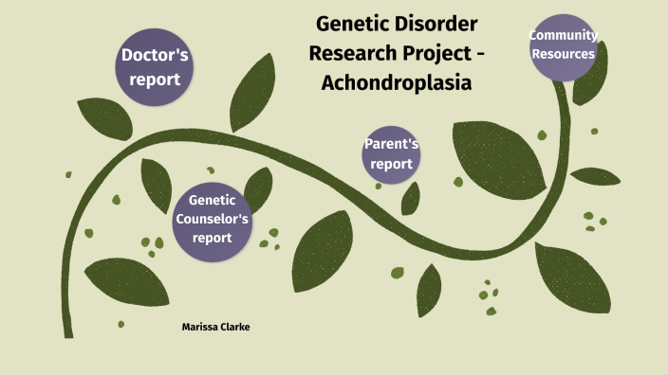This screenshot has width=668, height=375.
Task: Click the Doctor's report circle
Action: click(156, 67)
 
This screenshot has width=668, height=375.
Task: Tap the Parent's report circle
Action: click(391, 154)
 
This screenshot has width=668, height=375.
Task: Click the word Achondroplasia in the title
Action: click(396, 82)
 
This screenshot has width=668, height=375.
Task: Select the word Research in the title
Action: click(352, 52)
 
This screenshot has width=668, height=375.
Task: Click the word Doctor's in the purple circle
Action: click(156, 55)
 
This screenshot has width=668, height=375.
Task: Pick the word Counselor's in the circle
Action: click(212, 219)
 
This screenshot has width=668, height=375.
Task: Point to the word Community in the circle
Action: click(564, 36)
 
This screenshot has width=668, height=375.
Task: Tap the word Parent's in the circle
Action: click(391, 144)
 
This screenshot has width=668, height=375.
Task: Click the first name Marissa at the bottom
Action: click(198, 327)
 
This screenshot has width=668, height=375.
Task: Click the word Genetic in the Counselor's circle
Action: click(212, 200)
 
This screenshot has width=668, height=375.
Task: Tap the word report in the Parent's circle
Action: click(391, 164)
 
